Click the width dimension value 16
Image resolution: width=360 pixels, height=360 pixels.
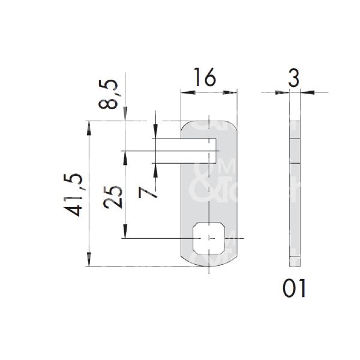pyautogui.click(x=204, y=78)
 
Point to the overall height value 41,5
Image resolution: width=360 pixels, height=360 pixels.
pyautogui.click(x=76, y=194)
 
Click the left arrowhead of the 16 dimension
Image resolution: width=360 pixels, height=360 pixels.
pyautogui.click(x=185, y=92)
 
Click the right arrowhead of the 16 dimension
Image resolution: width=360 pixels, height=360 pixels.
pyautogui.click(x=231, y=92)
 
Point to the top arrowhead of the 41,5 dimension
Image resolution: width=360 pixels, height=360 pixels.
pyautogui.click(x=89, y=126)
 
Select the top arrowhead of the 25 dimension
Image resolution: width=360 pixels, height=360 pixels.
pyautogui.click(x=125, y=155)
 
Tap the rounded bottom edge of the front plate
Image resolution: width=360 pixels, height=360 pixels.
pyautogui.click(x=208, y=265)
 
